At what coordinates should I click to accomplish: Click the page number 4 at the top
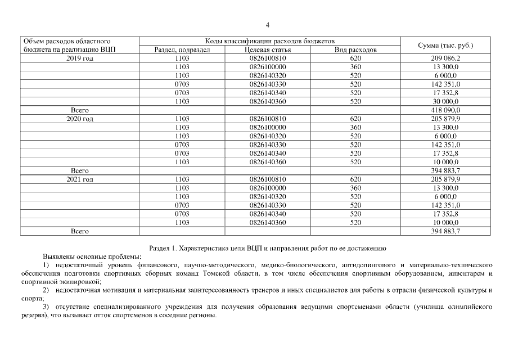pyautogui.click(x=267, y=25)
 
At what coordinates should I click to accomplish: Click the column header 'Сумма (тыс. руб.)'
pyautogui.click(x=445, y=45)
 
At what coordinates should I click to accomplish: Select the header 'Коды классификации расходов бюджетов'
pyautogui.click(x=270, y=41)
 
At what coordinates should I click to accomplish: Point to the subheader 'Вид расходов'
pyautogui.click(x=355, y=49)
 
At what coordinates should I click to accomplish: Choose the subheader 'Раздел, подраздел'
pyautogui.click(x=182, y=49)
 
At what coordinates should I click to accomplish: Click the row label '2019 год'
pyautogui.click(x=79, y=58)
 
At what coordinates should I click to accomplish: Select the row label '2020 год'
pyautogui.click(x=79, y=119)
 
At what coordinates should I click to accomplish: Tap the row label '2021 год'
pyautogui.click(x=79, y=179)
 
